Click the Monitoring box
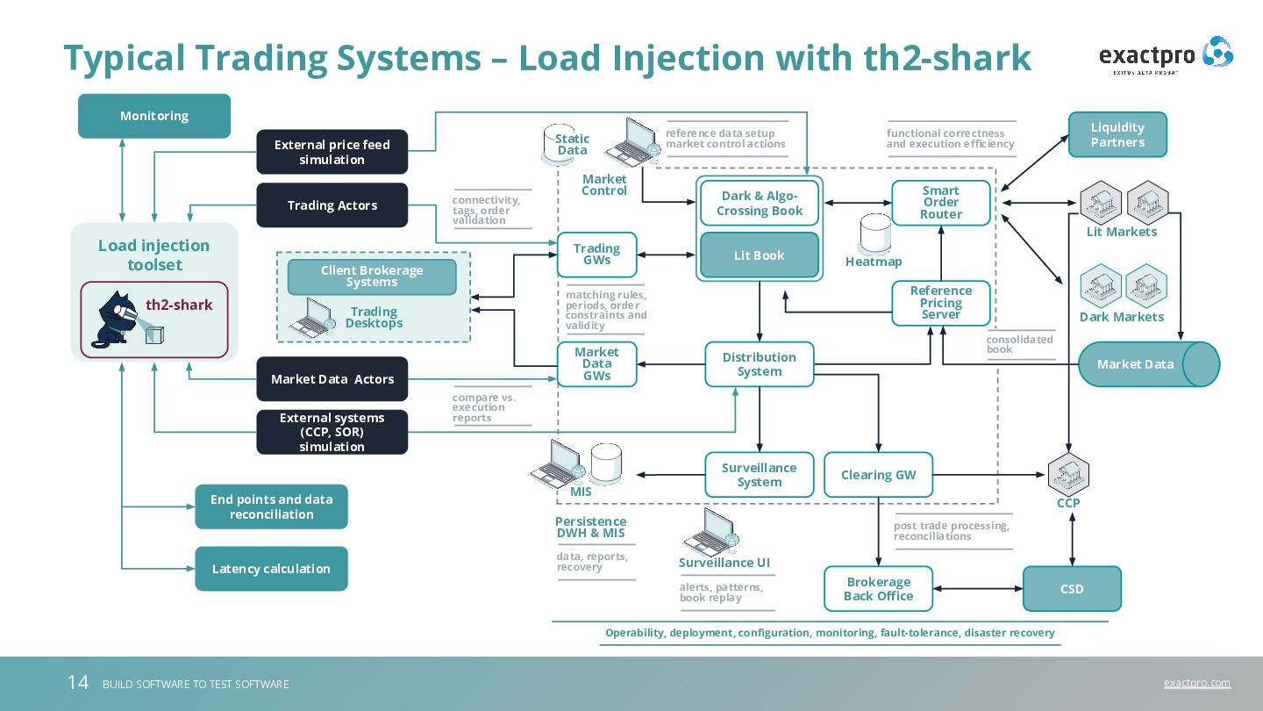[x=154, y=116]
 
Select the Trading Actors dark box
[x=332, y=205]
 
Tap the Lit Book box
[x=759, y=255]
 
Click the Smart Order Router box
[x=940, y=203]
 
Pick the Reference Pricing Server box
[x=940, y=303]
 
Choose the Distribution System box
[x=759, y=364]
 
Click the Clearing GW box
[x=878, y=475]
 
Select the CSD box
[x=1072, y=588]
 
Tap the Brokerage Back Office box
[x=878, y=588]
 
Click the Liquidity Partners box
[x=1117, y=134]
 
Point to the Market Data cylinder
[x=1149, y=364]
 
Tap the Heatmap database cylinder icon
[x=875, y=233]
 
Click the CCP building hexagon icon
[x=1068, y=473]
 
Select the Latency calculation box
[x=271, y=568]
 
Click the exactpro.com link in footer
[x=1197, y=683]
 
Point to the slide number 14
[x=78, y=683]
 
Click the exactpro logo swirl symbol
[x=1217, y=53]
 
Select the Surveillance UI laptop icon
[x=710, y=532]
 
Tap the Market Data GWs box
[x=596, y=364]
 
